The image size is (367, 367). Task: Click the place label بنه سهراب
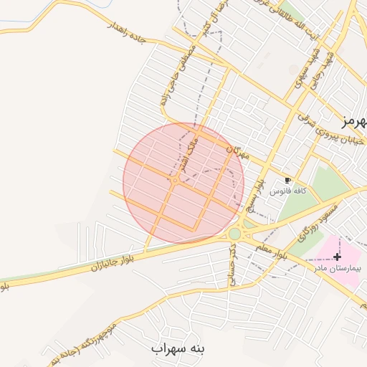coord(178,348)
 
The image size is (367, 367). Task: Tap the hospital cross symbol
coord(338,256)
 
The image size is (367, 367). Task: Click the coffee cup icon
coord(288,181)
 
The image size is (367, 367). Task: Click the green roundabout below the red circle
coord(235,233)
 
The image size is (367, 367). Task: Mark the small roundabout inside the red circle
coord(175,180)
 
